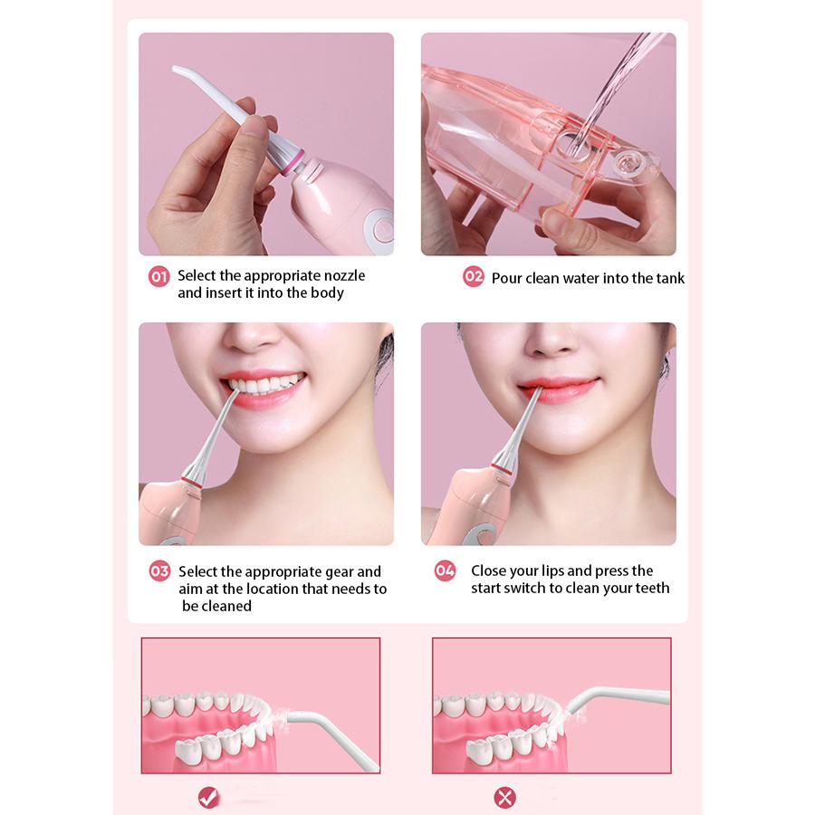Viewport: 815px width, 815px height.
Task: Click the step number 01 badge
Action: (159, 276)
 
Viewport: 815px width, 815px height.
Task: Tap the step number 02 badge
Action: (473, 276)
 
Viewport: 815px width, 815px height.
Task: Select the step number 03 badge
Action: (159, 571)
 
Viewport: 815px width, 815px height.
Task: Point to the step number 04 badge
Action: (445, 570)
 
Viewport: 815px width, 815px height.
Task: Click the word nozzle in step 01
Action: (345, 275)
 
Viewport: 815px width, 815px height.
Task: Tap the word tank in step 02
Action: (670, 278)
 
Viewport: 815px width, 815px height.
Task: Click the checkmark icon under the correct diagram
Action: (209, 797)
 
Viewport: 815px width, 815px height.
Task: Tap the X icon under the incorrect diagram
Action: (504, 797)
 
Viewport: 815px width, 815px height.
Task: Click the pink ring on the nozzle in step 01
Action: (294, 163)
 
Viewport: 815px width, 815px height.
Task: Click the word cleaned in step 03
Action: (225, 606)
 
